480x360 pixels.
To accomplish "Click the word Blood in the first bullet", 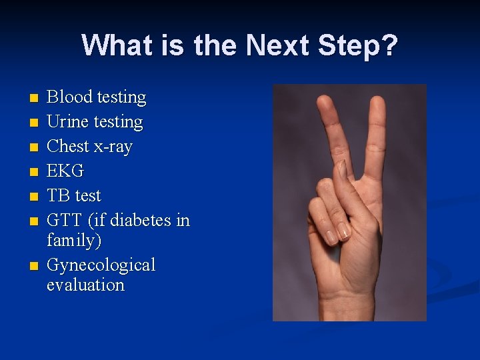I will click(x=69, y=97).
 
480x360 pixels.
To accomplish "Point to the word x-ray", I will click(x=111, y=147).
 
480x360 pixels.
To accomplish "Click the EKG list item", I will click(x=65, y=171).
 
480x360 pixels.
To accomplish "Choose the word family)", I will click(x=74, y=240).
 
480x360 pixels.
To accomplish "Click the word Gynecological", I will click(x=101, y=265).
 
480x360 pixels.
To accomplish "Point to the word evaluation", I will click(x=85, y=285).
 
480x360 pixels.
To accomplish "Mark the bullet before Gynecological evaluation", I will click(x=33, y=266).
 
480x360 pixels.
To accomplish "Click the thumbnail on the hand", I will click(x=343, y=171).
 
